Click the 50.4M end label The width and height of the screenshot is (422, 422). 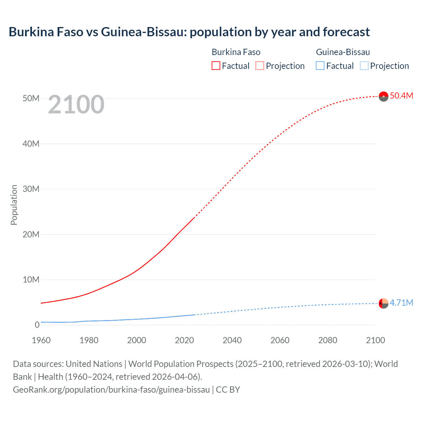401,96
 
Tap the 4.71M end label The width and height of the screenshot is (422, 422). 401,303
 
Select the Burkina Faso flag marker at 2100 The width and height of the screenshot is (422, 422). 383,96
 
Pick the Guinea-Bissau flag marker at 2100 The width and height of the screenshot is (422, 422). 383,303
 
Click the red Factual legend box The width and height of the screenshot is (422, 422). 216,66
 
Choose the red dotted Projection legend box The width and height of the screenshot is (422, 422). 260,66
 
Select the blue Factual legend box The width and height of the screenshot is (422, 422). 320,66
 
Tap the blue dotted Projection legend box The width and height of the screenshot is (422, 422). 364,66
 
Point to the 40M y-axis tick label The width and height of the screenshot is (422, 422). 31,144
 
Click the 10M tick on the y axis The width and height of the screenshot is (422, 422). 31,280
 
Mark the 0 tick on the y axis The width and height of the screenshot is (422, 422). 37,325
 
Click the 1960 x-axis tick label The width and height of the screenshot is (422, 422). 41,340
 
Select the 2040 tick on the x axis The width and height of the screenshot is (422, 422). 232,340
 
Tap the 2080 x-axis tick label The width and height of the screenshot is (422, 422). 328,340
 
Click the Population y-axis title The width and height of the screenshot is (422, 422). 14,205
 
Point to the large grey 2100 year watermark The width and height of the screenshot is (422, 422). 76,105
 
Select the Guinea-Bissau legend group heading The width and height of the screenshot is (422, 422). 343,52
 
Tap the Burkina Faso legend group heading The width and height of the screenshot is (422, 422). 236,52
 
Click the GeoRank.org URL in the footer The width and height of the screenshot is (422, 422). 111,390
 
